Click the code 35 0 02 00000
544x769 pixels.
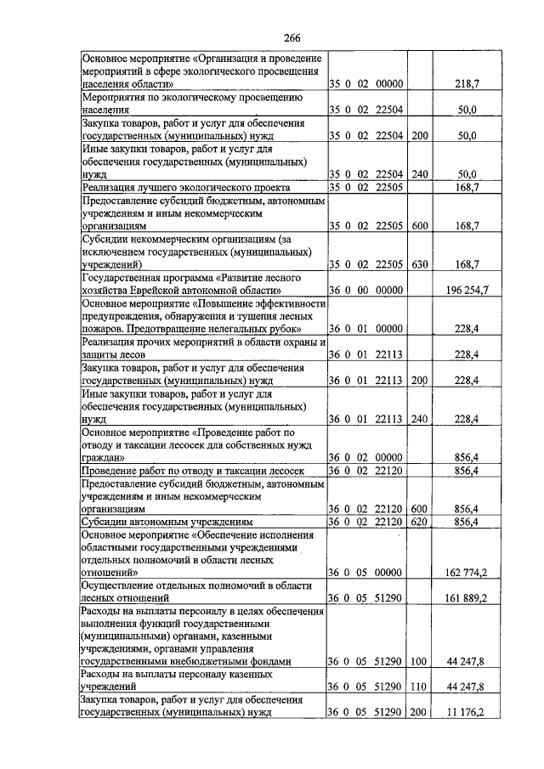click(x=366, y=85)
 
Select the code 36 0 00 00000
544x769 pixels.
click(x=366, y=291)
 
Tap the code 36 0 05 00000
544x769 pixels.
click(x=366, y=574)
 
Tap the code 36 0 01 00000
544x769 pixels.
click(x=366, y=329)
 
